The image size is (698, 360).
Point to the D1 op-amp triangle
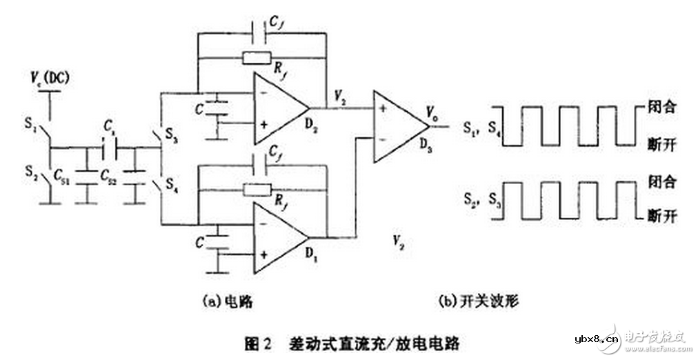click(277, 237)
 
